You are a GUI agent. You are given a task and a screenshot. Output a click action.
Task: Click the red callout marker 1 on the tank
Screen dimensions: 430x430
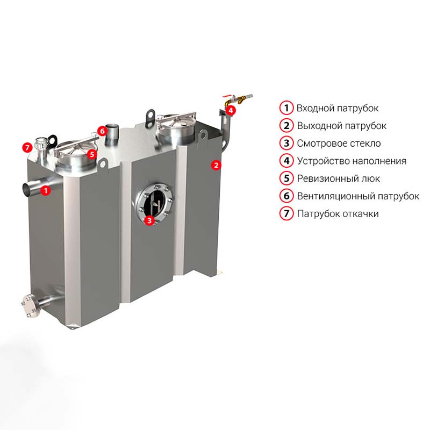pos(46,190)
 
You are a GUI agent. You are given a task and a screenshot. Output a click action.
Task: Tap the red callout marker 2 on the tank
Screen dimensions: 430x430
pos(216,165)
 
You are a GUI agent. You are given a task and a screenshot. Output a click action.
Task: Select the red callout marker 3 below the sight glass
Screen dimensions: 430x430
pos(149,220)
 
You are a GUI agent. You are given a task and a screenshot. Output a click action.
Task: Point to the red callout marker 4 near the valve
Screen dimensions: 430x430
pos(231,110)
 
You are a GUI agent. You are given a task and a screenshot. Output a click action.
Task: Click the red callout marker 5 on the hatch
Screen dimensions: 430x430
pos(92,154)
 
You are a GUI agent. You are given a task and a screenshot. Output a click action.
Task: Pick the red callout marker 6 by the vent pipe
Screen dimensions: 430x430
pos(102,131)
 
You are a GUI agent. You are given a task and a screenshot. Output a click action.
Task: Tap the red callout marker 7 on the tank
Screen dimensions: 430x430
pos(27,148)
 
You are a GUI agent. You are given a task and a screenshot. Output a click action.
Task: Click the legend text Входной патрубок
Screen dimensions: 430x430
pos(338,109)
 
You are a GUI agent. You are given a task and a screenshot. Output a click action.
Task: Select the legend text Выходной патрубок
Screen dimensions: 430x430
pos(341,126)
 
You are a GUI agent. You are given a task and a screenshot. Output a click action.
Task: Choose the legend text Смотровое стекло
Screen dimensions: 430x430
pos(339,144)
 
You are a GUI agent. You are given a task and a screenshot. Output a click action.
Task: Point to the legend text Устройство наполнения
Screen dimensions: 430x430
pos(352,161)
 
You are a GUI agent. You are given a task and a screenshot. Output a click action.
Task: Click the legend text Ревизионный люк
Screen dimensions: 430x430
pos(339,178)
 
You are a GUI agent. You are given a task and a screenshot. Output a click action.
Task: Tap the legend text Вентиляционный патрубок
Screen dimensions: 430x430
pos(358,196)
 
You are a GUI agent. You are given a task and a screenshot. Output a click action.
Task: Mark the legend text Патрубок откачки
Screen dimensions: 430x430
pos(338,213)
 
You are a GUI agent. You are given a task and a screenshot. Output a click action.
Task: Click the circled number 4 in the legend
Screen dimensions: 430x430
pos(286,161)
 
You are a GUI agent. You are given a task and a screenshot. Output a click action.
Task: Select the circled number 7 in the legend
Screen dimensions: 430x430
pos(286,213)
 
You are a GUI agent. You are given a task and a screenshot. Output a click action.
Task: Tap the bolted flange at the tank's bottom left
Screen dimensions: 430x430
pos(28,306)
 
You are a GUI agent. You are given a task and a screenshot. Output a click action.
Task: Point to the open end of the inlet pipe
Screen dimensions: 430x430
pos(26,190)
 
